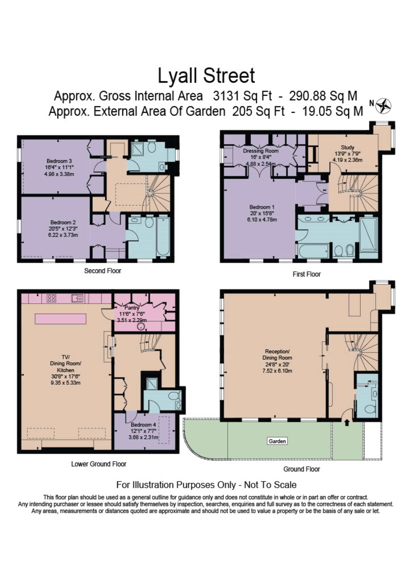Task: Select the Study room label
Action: tap(347, 147)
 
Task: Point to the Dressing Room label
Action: tap(261, 151)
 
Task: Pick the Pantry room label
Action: tap(132, 308)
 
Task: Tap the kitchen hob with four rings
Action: tap(51, 298)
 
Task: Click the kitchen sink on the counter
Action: tap(77, 298)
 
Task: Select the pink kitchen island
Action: tap(60, 319)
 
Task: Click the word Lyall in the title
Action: tap(177, 76)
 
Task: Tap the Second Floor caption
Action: tap(103, 271)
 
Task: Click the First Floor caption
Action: tap(306, 274)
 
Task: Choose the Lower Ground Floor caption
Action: tap(98, 464)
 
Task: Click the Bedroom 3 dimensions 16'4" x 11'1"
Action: tap(59, 167)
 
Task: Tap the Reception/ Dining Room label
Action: tap(277, 354)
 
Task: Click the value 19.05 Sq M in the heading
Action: tap(332, 111)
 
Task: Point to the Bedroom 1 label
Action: tap(262, 207)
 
